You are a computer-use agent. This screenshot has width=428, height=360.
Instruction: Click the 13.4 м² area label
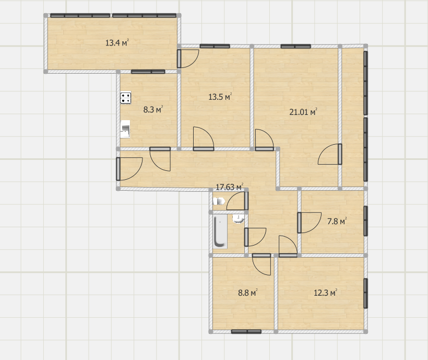(x=117, y=43)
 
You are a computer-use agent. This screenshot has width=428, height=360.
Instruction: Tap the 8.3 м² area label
(x=153, y=109)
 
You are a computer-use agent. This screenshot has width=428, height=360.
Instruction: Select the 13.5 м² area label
(x=220, y=97)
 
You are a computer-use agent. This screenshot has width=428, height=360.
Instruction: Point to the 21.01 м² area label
(x=303, y=112)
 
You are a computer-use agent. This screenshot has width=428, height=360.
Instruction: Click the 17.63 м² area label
(x=230, y=187)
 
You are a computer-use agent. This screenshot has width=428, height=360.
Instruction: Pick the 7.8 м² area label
(x=337, y=221)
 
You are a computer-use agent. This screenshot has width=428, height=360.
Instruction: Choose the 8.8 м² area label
(x=247, y=293)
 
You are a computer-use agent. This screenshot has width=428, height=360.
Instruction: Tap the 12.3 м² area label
(x=325, y=293)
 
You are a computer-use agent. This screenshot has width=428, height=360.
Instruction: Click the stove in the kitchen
(x=126, y=98)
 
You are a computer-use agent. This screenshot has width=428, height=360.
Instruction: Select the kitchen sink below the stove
(x=125, y=129)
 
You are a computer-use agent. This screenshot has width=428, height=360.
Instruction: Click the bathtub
(x=220, y=231)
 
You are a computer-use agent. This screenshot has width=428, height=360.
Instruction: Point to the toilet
(x=219, y=202)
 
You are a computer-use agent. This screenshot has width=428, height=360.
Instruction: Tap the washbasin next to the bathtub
(x=238, y=219)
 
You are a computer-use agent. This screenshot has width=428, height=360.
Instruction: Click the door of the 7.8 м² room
(x=309, y=223)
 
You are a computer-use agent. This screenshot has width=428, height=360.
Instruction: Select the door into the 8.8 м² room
(x=261, y=264)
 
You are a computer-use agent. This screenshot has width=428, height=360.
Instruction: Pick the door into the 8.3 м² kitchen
(x=160, y=159)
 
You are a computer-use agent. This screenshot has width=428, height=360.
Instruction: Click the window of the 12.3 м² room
(x=365, y=293)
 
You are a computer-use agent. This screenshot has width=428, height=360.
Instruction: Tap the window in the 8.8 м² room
(x=246, y=332)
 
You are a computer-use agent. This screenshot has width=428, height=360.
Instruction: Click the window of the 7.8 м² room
(x=365, y=221)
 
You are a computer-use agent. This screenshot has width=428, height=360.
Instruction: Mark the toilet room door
(x=237, y=201)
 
